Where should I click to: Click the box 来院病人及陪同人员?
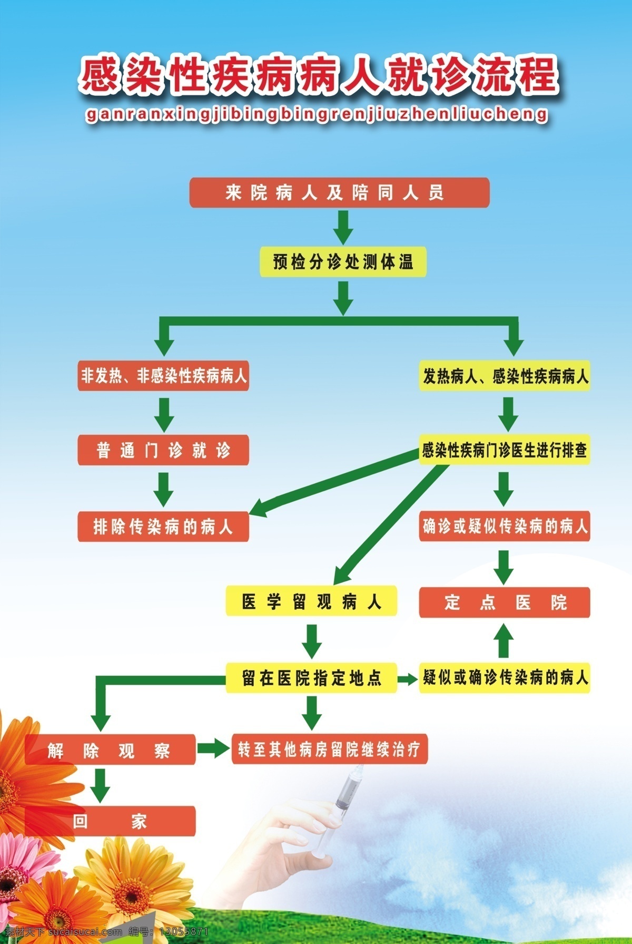click(x=339, y=192)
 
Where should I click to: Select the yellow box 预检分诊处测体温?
click(x=343, y=262)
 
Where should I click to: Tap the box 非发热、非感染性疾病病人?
click(x=163, y=376)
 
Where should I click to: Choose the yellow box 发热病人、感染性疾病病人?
click(x=505, y=376)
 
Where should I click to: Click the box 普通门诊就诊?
click(x=163, y=450)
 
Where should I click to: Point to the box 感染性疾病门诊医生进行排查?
click(x=505, y=450)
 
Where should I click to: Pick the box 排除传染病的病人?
click(x=163, y=526)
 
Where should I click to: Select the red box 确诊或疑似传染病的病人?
click(x=505, y=526)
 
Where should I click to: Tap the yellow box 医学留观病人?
click(x=311, y=601)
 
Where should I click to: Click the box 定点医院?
click(x=505, y=602)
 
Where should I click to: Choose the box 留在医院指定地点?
click(x=311, y=678)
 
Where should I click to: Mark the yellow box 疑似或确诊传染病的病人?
click(x=505, y=677)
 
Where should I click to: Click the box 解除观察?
click(x=110, y=750)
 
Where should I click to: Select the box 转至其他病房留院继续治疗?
click(x=330, y=749)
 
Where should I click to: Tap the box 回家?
click(x=110, y=821)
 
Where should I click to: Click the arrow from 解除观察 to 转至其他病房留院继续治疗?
click(x=214, y=748)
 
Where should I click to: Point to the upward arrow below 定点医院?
click(x=504, y=639)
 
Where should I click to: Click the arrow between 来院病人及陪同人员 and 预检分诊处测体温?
click(x=343, y=228)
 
